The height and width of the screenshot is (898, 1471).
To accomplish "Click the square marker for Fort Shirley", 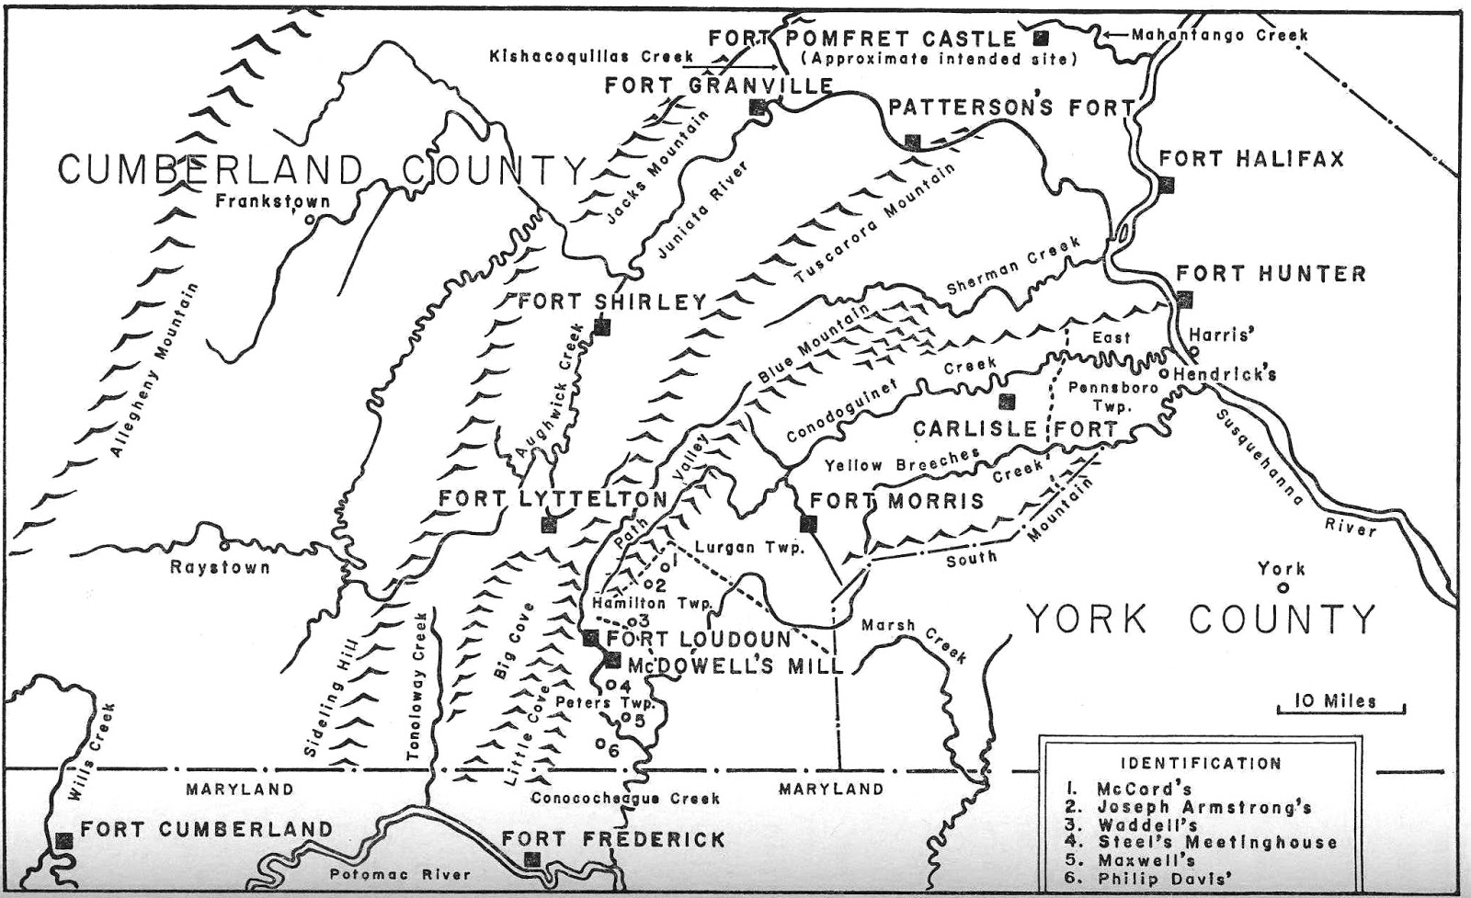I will tap(602, 326).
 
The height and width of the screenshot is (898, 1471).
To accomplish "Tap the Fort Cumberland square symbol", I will tap(64, 840).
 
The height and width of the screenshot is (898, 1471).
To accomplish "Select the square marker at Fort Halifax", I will tap(1167, 185).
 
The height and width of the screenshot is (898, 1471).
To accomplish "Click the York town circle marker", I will tap(1283, 588).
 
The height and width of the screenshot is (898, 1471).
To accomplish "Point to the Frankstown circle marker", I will tap(310, 219).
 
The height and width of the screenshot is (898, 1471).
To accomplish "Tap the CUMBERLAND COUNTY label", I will tap(322, 171).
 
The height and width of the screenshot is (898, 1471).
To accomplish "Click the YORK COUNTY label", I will tap(1200, 619).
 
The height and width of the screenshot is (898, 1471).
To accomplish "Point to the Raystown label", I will tap(220, 567).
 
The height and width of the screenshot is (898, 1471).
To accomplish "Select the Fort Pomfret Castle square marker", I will tap(1041, 38).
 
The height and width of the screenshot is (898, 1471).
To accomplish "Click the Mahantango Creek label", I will tap(1218, 35).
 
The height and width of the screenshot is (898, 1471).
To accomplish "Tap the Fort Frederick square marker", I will tap(531, 858).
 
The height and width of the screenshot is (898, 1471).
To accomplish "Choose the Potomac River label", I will tap(400, 875).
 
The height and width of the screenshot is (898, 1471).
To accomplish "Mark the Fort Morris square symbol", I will tap(808, 524).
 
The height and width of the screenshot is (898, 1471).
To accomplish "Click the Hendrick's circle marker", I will tap(1163, 374).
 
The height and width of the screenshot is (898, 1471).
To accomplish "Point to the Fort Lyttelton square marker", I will tap(549, 524).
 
